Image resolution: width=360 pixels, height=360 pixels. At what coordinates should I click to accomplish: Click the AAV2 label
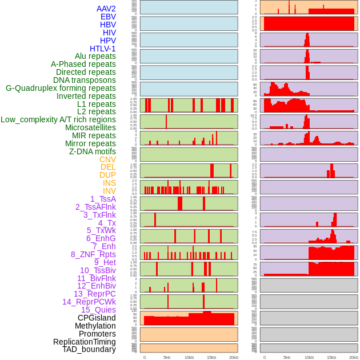tap(106, 9)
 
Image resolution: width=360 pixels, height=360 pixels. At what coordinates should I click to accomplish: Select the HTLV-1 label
tap(103, 49)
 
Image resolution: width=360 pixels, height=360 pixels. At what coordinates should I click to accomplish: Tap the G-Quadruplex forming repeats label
tap(61, 88)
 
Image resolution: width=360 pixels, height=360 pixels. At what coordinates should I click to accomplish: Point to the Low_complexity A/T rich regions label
tap(58, 119)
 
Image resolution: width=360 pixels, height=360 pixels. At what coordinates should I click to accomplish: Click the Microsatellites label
tap(90, 127)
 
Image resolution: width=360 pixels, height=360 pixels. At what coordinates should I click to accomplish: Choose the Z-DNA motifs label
tap(93, 151)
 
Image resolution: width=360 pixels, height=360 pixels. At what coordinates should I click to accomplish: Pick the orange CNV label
tap(107, 159)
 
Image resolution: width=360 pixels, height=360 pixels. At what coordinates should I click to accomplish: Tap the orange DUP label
tap(107, 175)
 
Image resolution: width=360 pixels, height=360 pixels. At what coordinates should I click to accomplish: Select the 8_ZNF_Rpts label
tap(93, 254)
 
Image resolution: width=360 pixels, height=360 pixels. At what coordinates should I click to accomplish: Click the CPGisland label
tap(97, 318)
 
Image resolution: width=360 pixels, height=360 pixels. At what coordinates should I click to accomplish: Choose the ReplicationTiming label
tap(85, 342)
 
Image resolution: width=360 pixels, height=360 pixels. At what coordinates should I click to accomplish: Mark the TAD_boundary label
tap(89, 349)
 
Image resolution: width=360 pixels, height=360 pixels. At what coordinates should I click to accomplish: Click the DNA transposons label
tap(85, 80)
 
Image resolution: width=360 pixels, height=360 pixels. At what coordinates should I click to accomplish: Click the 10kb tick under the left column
tap(189, 358)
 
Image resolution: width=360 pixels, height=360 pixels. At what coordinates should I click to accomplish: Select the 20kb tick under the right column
tap(354, 358)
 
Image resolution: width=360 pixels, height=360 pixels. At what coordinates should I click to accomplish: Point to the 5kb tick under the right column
tap(287, 358)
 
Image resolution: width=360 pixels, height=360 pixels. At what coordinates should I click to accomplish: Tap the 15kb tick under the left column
tap(211, 358)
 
